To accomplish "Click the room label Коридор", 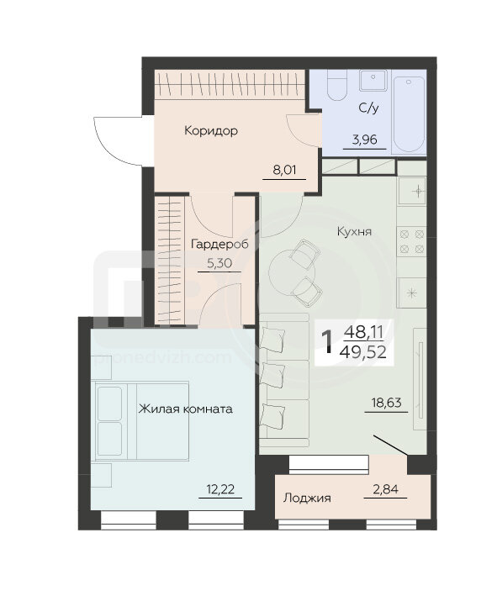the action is click(x=211, y=131).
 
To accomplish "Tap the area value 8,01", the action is click(x=284, y=170).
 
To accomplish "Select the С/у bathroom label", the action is click(x=368, y=108).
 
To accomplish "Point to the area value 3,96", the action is click(x=365, y=140).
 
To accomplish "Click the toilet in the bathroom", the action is click(x=337, y=85).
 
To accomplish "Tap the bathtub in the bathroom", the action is click(x=409, y=114).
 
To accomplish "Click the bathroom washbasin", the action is click(x=373, y=80).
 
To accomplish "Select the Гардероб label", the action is click(x=219, y=244).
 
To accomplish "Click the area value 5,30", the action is click(x=219, y=263).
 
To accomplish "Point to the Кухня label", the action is click(x=354, y=231).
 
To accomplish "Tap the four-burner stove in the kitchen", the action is click(x=412, y=241).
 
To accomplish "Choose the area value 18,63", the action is click(x=386, y=403).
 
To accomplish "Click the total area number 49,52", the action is click(x=363, y=352).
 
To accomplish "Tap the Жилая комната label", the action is click(x=186, y=409).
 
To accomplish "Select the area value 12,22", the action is click(x=220, y=488).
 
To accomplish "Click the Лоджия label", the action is click(x=307, y=498).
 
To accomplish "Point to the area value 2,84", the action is click(x=386, y=488).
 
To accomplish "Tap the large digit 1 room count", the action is click(x=326, y=341).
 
